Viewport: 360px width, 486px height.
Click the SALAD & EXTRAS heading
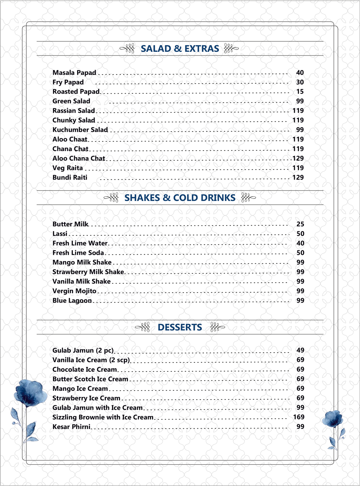pyautogui.click(x=180, y=49)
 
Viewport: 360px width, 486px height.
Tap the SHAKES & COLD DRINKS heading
pyautogui.click(x=180, y=198)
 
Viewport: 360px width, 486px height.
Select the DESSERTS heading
pyautogui.click(x=180, y=327)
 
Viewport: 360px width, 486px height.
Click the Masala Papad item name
pyautogui.click(x=74, y=73)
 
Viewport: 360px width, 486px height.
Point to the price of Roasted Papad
pyautogui.click(x=300, y=92)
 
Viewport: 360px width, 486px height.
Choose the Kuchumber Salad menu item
pyautogui.click(x=80, y=130)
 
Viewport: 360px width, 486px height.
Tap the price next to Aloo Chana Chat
pyautogui.click(x=298, y=159)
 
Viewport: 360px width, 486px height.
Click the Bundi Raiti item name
pyautogui.click(x=70, y=178)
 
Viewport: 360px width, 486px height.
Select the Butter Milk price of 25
pyautogui.click(x=300, y=224)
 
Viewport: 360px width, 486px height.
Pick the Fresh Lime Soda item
pyautogui.click(x=78, y=253)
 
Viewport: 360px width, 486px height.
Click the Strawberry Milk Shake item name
pyautogui.click(x=88, y=272)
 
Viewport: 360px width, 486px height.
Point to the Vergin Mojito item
pyautogui.click(x=74, y=291)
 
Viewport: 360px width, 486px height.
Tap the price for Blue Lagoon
pyautogui.click(x=300, y=300)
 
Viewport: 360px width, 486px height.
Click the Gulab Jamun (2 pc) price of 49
pyautogui.click(x=300, y=350)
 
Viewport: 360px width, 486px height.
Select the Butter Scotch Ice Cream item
pyautogui.click(x=90, y=379)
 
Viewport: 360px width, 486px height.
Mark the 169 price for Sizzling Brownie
pyautogui.click(x=299, y=417)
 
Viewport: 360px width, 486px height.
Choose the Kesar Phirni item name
pyautogui.click(x=71, y=427)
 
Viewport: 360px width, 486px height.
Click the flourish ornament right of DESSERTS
pyautogui.click(x=217, y=327)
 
